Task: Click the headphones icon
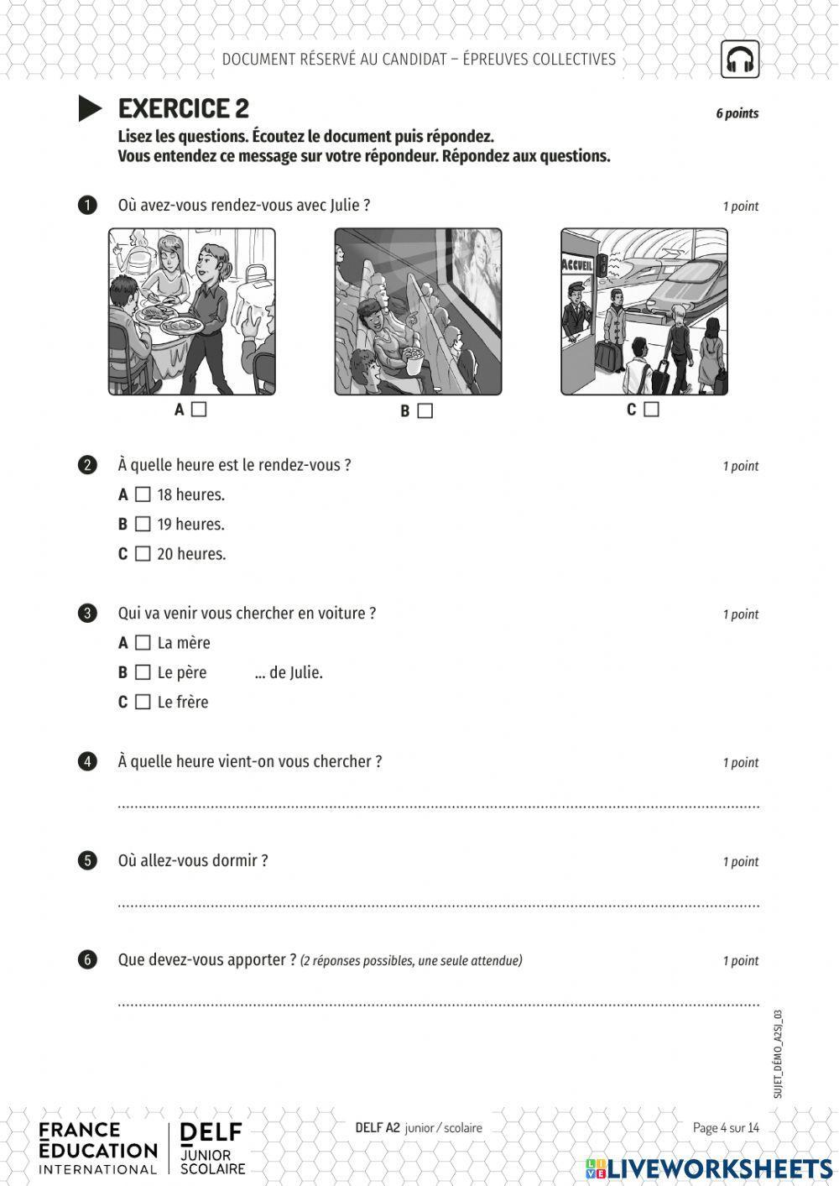point(739,60)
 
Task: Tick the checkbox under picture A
point(199,410)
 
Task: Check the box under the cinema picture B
point(425,411)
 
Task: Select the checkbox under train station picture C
point(651,410)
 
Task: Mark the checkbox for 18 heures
point(143,494)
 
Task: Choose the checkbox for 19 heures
point(143,524)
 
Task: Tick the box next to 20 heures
point(143,554)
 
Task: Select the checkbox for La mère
point(143,643)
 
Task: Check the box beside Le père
point(143,672)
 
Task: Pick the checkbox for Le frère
point(143,702)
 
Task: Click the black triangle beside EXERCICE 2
point(89,108)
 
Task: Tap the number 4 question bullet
point(87,762)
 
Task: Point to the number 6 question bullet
point(87,960)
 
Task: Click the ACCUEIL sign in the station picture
point(577,265)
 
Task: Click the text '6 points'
point(737,113)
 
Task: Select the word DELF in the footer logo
point(211,1133)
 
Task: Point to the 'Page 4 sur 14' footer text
point(726,1127)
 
